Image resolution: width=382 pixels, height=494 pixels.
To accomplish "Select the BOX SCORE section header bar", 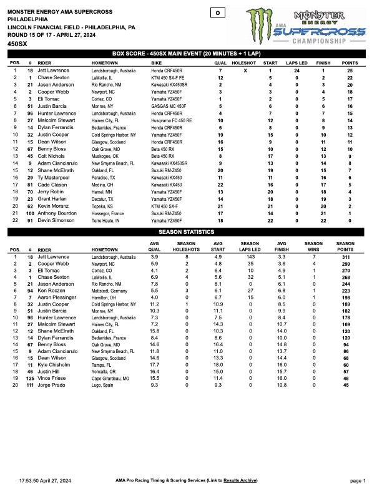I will tap(190, 54).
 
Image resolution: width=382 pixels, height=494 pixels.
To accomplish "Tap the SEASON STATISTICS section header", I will tap(190, 232).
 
